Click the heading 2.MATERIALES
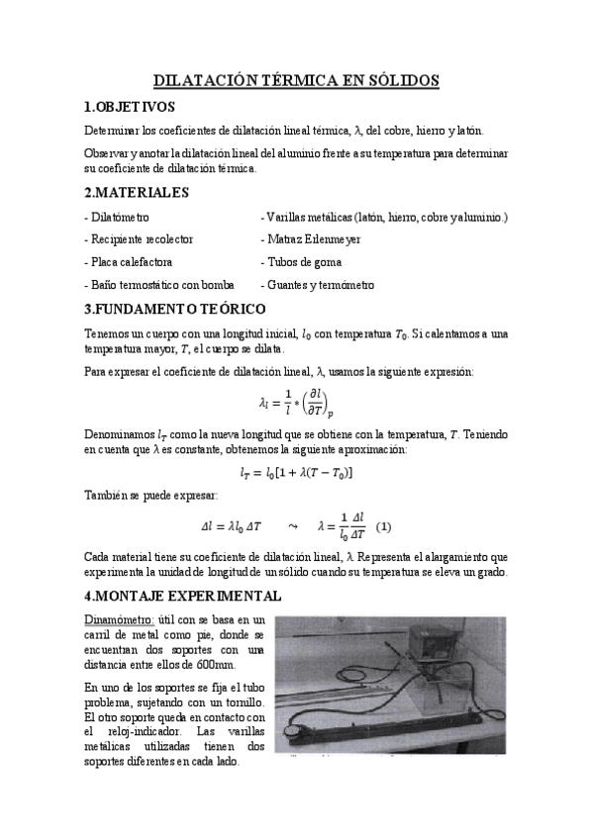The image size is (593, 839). tap(135, 192)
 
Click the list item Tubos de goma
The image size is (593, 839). tap(301, 262)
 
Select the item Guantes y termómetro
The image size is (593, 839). tap(317, 285)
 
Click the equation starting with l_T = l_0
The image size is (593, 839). tap(296, 472)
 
